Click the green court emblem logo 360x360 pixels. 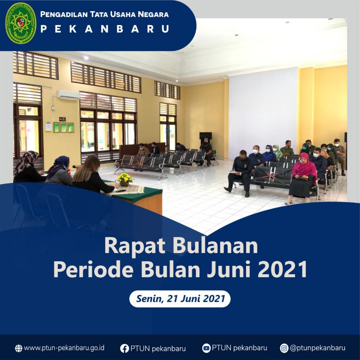click(21, 23)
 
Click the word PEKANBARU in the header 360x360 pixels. click(105, 29)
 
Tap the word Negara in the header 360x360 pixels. click(153, 14)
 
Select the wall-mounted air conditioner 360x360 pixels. click(69, 95)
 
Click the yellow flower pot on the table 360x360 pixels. click(125, 179)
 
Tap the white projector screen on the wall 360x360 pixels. click(263, 112)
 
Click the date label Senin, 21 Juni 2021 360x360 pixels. click(180, 299)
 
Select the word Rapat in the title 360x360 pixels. click(135, 246)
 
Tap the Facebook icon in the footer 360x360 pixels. click(124, 348)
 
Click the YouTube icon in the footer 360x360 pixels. click(206, 348)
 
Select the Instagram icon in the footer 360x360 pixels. click(284, 348)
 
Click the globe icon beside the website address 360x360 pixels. click(19, 348)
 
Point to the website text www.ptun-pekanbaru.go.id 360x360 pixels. click(64, 348)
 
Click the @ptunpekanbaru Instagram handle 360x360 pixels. click(317, 348)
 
